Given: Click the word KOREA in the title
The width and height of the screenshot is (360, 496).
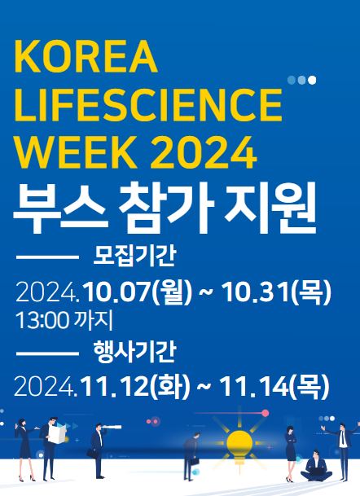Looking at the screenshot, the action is click(x=86, y=57).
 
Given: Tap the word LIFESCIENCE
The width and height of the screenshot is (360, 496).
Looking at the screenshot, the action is click(x=148, y=105).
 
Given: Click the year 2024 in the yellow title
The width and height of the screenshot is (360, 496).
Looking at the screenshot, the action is click(x=203, y=153).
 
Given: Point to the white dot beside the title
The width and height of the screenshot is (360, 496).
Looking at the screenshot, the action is click(x=312, y=80).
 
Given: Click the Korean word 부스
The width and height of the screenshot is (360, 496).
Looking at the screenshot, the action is click(x=59, y=208).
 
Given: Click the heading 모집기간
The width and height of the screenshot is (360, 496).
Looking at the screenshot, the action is click(x=134, y=257).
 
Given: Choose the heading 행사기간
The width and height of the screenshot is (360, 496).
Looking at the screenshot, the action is click(x=134, y=352).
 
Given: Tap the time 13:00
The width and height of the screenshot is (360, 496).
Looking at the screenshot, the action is click(x=42, y=321).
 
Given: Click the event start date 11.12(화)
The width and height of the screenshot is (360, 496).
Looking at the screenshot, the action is click(x=135, y=387).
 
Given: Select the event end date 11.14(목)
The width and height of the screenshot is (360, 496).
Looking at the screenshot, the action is click(x=274, y=387).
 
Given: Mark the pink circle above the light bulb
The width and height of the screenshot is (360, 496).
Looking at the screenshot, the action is click(x=266, y=413).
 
